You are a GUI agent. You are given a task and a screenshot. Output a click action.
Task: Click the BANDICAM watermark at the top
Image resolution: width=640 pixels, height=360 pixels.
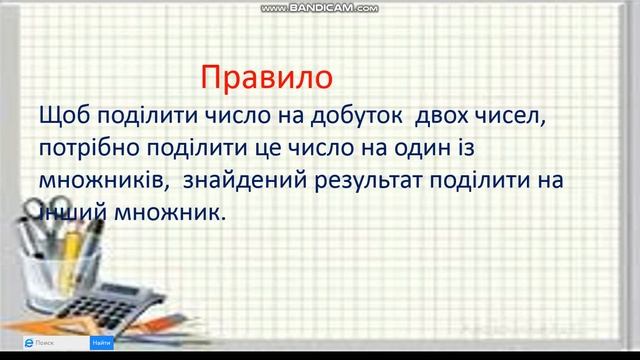coord(319,7)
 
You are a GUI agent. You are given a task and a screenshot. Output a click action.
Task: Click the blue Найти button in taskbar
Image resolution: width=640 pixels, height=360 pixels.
coord(101,343)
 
